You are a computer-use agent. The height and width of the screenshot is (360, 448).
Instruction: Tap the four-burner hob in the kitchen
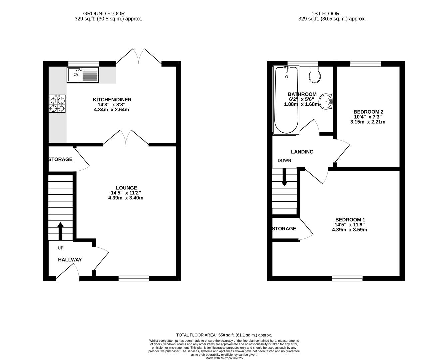point(57,104)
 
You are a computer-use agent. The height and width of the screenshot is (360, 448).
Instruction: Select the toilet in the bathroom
point(315,75)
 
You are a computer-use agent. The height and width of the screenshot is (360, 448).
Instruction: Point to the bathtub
point(286,100)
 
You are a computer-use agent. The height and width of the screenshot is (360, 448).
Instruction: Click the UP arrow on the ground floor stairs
point(60,231)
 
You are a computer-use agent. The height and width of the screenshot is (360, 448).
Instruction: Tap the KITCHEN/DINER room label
point(112,100)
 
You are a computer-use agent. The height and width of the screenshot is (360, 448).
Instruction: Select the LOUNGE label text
point(126,188)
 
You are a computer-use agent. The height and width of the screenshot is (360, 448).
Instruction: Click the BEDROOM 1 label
point(350,220)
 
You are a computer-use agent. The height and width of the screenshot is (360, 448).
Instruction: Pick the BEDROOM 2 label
point(368,112)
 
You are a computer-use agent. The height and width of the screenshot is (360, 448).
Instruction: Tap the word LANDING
point(302,152)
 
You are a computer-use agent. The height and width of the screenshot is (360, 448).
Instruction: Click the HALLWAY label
point(70,260)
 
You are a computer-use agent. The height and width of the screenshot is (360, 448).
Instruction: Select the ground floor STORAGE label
point(60,159)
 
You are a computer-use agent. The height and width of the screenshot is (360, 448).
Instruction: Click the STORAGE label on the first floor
point(284,229)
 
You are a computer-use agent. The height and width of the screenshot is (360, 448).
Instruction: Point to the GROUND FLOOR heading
point(104,14)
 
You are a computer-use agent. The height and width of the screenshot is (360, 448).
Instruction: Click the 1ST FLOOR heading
point(325,14)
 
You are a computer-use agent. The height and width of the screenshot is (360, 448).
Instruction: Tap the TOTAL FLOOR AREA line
point(224,335)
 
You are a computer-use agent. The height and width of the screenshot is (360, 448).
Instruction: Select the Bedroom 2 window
point(365,64)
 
